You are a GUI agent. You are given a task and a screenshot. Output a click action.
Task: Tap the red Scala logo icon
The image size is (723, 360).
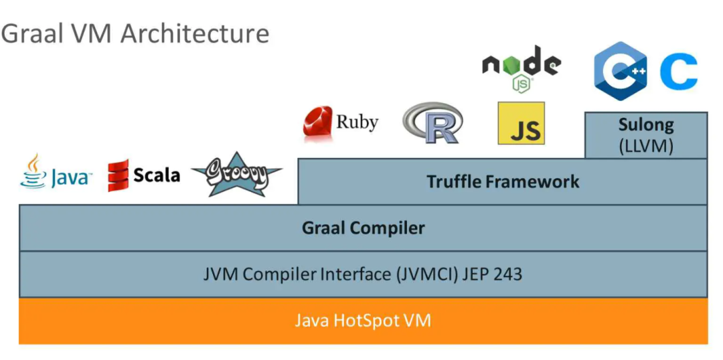(118, 175)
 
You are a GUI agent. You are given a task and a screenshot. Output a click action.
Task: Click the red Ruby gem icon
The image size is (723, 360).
(318, 123)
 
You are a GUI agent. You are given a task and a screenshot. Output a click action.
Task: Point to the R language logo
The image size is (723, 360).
(432, 123)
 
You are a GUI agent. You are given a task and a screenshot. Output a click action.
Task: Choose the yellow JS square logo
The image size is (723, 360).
(521, 123)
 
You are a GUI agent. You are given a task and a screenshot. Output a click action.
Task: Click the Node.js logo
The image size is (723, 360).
(521, 69)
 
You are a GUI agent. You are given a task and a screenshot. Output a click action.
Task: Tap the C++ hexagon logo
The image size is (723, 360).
(620, 70)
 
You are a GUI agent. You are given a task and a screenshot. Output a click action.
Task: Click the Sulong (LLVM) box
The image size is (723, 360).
(645, 135)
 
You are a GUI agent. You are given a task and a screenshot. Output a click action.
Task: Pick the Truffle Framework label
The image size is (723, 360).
(503, 181)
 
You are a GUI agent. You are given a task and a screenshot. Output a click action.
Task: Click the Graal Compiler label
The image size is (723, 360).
(363, 228)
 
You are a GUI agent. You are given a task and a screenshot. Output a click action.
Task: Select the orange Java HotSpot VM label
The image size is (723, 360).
(363, 321)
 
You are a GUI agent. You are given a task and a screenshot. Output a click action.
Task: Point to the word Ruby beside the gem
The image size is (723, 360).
(357, 122)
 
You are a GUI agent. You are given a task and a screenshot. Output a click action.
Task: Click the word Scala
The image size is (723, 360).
(157, 175)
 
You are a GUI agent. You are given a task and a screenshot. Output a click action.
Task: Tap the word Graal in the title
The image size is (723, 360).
(26, 33)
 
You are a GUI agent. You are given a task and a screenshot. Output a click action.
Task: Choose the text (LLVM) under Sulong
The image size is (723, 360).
(645, 145)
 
